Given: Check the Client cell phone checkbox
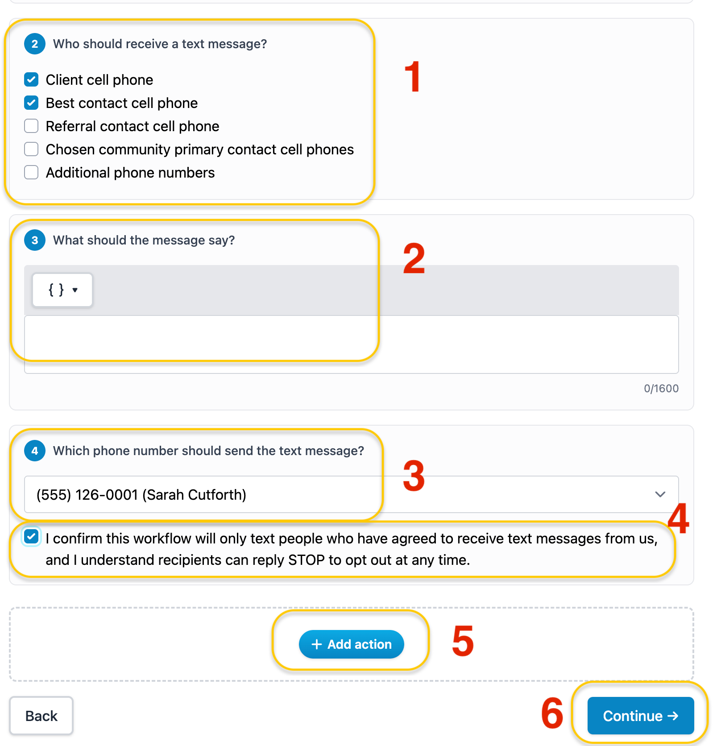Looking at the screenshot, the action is [31, 79].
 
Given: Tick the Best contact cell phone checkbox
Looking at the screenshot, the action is [31, 103].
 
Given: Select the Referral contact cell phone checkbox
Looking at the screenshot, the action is [31, 126].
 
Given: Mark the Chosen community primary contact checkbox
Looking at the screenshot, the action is [31, 149].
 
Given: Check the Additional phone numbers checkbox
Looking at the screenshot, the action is [31, 172].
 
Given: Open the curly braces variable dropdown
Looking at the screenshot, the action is [62, 290].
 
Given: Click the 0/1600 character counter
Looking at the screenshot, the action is [661, 388].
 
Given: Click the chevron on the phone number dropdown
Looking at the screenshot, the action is [660, 494].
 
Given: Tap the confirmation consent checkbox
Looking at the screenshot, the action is [31, 536].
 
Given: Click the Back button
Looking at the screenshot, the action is [41, 716].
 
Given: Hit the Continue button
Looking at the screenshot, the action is [641, 716].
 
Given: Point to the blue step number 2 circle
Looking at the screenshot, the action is [35, 44].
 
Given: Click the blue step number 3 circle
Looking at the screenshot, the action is [35, 240].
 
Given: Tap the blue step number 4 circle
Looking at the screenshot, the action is [35, 451].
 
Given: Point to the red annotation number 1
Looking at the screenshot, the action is [413, 76].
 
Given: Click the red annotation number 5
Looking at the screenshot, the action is [463, 641].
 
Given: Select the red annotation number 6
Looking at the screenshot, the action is [552, 713].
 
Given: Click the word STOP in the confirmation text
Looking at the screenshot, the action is [307, 559].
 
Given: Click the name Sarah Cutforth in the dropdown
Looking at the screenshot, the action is [195, 494].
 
